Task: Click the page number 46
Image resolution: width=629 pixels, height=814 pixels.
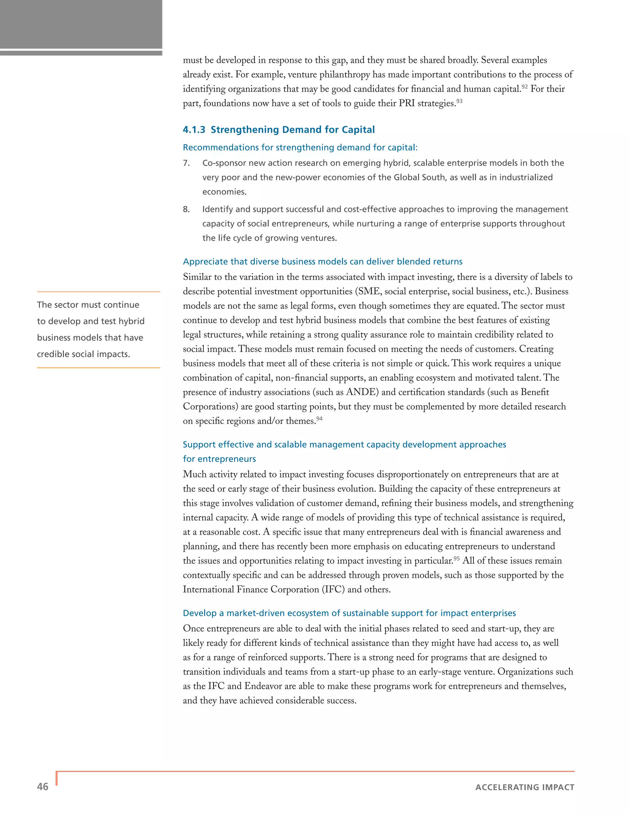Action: (42, 786)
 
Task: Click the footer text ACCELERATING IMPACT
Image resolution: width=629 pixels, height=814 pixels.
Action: (525, 787)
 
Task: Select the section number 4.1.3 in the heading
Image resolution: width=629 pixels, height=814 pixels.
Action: (194, 130)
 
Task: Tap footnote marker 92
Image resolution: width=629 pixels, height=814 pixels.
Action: (524, 87)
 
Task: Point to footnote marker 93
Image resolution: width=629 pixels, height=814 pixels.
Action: (459, 101)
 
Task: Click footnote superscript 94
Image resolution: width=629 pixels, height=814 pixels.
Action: (319, 419)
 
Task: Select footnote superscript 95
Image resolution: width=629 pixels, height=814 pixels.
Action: (456, 558)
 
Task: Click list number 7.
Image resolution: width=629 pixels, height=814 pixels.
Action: (186, 163)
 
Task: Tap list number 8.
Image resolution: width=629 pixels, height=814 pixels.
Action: (186, 209)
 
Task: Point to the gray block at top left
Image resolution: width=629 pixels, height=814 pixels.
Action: (81, 24)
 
